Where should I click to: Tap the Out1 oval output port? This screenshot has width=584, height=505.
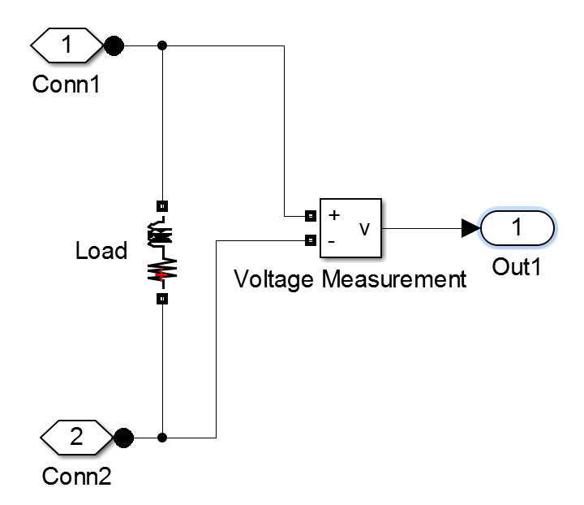pos(517,229)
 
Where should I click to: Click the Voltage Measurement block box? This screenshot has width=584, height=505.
pos(352,229)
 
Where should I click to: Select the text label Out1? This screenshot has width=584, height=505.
pos(517,266)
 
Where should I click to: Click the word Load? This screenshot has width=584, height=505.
pos(101,251)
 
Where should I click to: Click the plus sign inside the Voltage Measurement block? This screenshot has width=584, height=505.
pos(333,216)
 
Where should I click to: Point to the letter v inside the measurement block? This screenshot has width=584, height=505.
pos(364,229)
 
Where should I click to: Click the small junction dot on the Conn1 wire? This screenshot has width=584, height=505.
pos(163,46)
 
